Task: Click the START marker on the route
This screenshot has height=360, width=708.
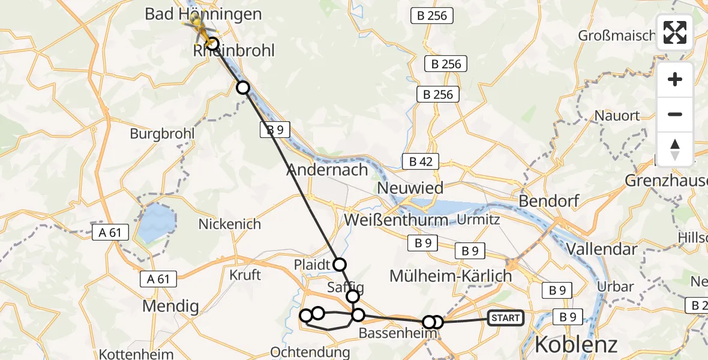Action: (x=506, y=317)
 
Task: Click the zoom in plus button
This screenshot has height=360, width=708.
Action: (x=675, y=80)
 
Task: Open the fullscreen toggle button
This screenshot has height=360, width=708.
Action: (x=675, y=33)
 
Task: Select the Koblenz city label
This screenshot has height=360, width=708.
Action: (x=575, y=344)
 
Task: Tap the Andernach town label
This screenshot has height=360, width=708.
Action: (x=327, y=170)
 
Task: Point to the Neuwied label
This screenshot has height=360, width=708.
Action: (x=411, y=188)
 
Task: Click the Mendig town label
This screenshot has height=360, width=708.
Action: (x=170, y=307)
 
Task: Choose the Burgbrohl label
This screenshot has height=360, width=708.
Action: (x=162, y=133)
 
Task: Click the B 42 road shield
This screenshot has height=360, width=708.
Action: (x=421, y=161)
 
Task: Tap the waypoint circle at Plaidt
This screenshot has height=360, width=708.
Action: (x=340, y=264)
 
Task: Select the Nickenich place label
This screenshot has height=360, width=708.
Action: (x=230, y=224)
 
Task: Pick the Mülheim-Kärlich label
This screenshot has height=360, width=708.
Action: (x=451, y=276)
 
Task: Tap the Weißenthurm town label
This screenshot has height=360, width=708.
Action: (x=396, y=220)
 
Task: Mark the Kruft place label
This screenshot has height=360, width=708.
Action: (x=245, y=275)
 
